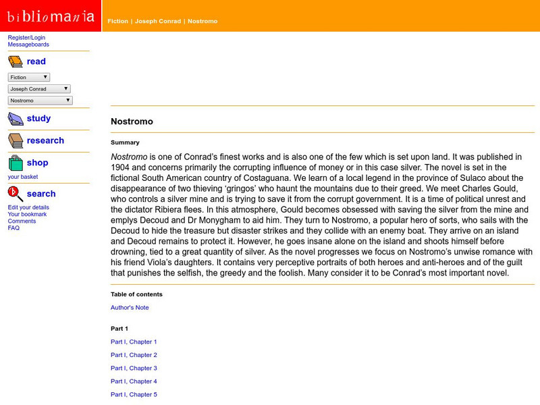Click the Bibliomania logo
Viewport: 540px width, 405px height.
[51, 16]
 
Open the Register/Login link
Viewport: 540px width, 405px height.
[26, 38]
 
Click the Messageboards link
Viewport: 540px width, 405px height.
[28, 45]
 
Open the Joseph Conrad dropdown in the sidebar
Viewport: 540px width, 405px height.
[39, 89]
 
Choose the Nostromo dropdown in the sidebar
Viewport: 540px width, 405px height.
[40, 101]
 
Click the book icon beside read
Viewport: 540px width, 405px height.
[16, 62]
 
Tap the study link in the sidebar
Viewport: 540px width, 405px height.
[38, 118]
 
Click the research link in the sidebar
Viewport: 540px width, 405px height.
[45, 140]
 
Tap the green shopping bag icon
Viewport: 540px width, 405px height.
[16, 163]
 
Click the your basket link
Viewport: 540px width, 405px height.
[23, 177]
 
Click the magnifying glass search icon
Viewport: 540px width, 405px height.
[16, 194]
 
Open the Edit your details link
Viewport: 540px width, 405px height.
[28, 207]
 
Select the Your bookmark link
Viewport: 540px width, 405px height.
[27, 214]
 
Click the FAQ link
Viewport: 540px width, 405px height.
[13, 227]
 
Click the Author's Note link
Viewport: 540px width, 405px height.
[130, 308]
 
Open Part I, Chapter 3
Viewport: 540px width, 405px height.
[134, 368]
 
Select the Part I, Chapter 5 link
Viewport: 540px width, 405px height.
[134, 394]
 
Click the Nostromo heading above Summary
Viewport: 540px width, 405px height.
[132, 122]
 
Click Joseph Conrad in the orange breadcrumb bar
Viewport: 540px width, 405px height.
[158, 22]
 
